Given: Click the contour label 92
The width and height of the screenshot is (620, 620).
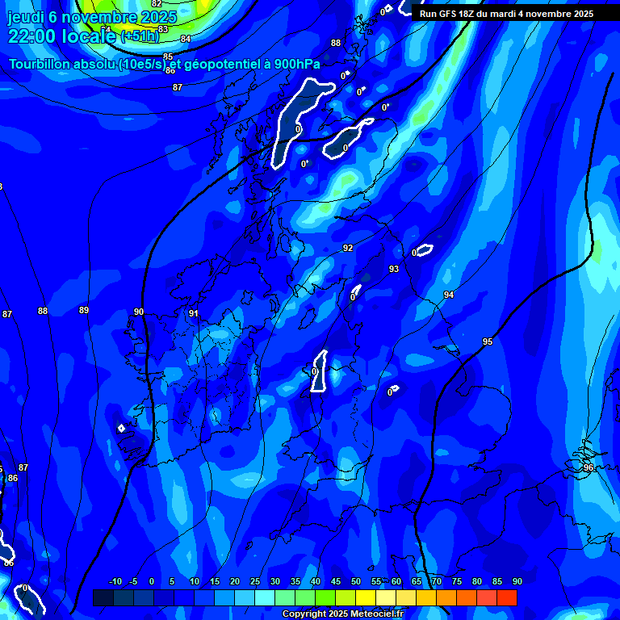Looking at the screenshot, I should [x=348, y=248].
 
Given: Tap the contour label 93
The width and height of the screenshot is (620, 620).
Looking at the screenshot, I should [x=394, y=269].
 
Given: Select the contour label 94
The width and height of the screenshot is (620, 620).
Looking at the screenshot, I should [x=449, y=295].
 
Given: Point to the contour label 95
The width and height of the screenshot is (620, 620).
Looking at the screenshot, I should [x=488, y=341].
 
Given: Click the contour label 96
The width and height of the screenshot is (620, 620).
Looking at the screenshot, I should [x=589, y=467].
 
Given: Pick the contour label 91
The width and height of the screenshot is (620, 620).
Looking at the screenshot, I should [x=194, y=313].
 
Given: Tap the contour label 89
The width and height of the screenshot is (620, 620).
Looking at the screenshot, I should [x=84, y=310].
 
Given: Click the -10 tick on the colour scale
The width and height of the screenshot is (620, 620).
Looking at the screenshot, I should [x=115, y=582].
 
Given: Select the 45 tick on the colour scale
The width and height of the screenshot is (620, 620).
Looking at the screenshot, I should [x=336, y=582].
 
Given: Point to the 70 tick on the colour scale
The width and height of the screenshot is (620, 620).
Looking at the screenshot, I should [x=437, y=582].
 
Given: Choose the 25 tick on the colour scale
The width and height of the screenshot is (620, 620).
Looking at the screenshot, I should [x=255, y=582].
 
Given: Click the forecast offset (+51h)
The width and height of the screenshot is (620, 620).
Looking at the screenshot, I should [x=140, y=36].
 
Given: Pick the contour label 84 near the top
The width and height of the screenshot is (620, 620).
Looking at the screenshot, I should [x=186, y=39].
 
